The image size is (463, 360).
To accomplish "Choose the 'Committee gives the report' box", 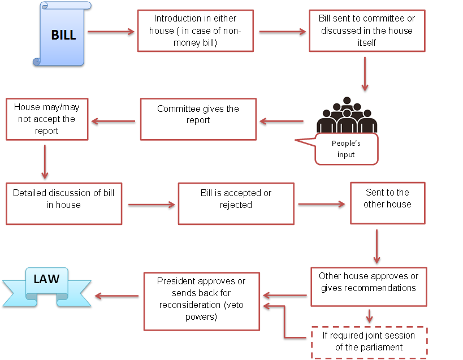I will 198,119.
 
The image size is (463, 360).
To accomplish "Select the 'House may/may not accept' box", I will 47,119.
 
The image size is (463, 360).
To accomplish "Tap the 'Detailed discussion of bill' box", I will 63,203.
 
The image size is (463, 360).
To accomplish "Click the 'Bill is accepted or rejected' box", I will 236,203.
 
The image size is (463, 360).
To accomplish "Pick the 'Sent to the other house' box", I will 387,203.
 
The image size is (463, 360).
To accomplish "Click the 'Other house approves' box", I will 369,287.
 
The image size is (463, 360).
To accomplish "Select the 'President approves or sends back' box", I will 202,301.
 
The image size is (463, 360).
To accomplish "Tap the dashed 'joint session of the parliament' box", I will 369,342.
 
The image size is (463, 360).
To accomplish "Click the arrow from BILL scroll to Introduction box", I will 111,32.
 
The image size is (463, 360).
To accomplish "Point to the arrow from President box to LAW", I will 116,296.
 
